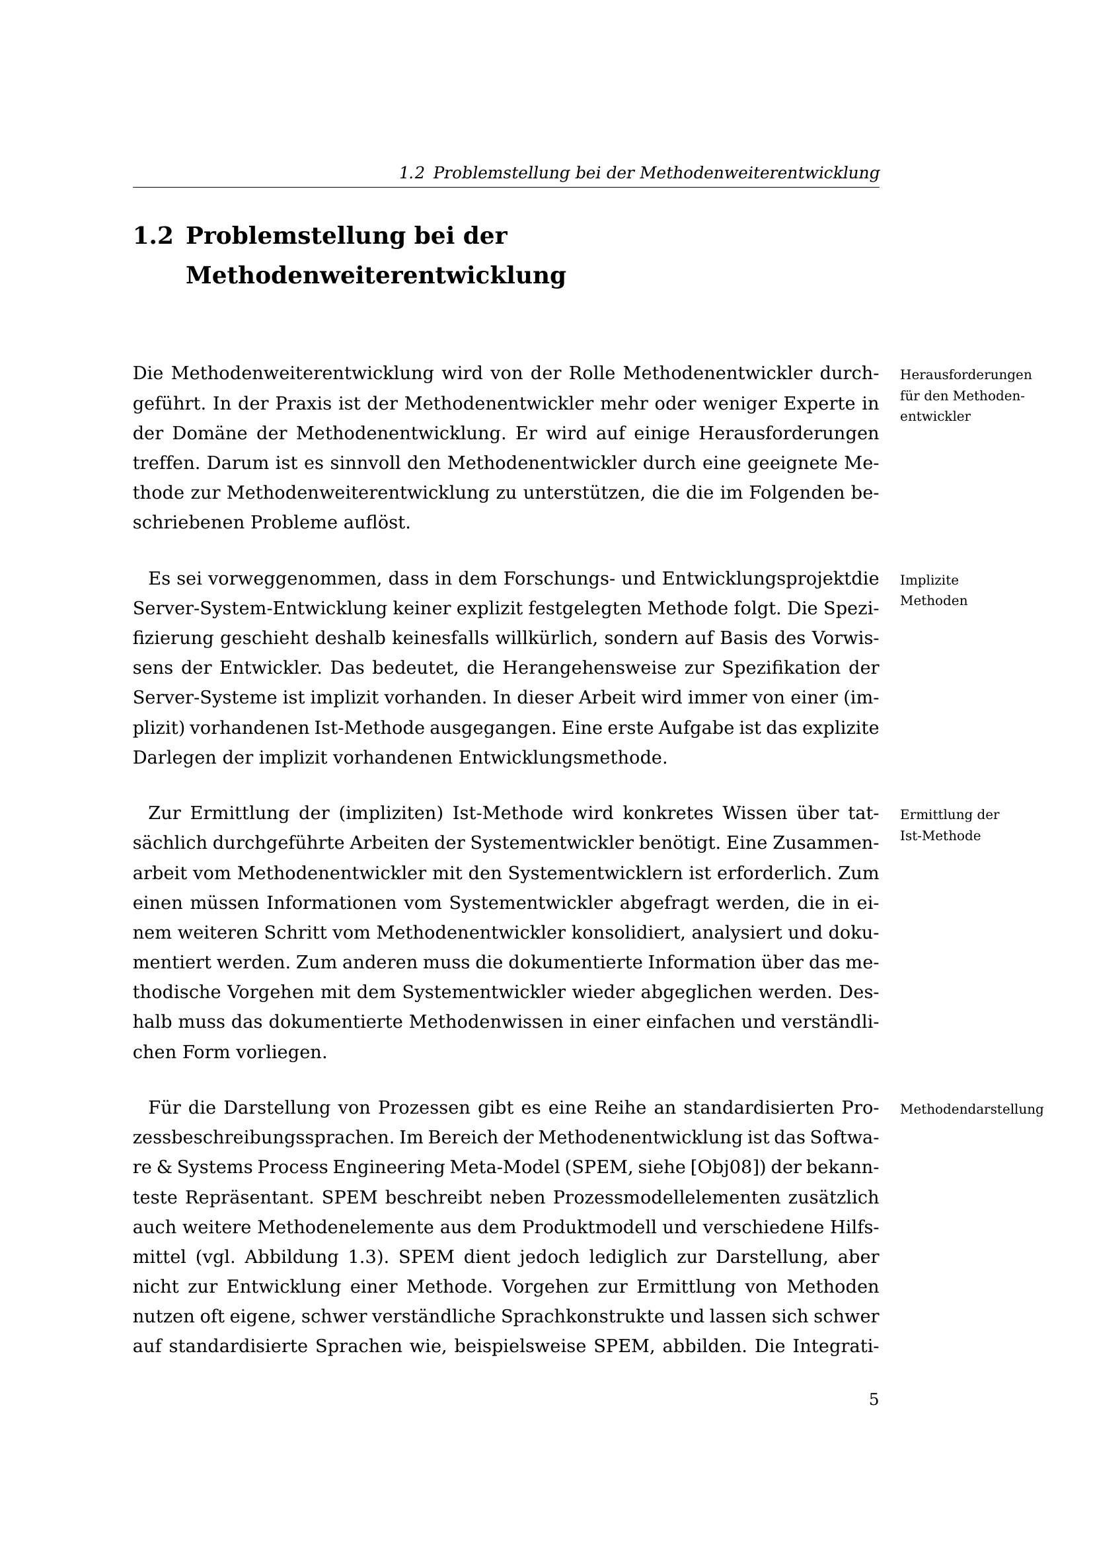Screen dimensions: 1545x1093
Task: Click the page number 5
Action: [874, 1400]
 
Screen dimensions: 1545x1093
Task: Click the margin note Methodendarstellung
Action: [971, 1110]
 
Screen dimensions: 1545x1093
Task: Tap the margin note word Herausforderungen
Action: [965, 375]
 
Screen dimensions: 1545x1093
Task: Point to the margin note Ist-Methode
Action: [940, 836]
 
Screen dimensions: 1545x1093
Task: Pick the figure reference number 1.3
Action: [364, 1257]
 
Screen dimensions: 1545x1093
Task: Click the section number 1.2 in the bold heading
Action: [153, 236]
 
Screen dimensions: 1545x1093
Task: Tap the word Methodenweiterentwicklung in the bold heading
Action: [375, 275]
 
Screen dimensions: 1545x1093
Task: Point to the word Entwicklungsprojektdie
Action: [771, 579]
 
